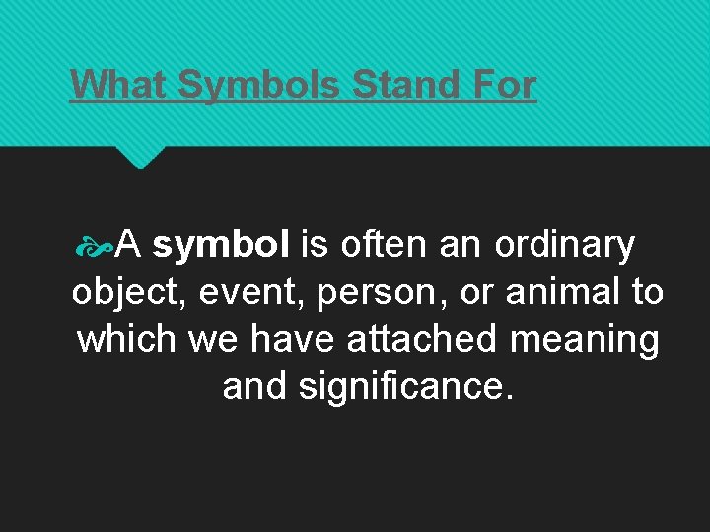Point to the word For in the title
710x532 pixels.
(x=504, y=84)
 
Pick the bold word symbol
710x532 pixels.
(x=221, y=245)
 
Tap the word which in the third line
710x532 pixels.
(x=125, y=339)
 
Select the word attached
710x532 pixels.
(x=422, y=339)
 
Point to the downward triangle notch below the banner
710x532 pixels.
(x=140, y=156)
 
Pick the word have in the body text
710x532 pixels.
(x=294, y=339)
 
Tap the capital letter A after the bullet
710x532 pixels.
(x=130, y=245)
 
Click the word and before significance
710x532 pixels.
(x=254, y=385)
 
